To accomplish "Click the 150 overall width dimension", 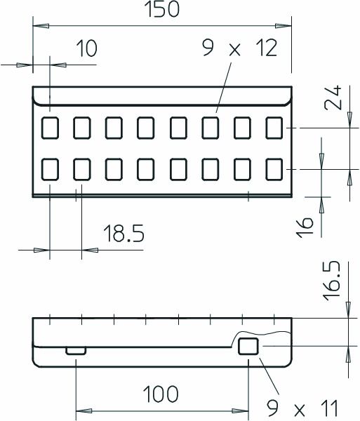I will click(x=162, y=11).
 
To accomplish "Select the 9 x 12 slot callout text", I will click(x=239, y=48).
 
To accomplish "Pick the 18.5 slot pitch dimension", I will click(x=124, y=234).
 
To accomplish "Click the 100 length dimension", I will click(x=161, y=393).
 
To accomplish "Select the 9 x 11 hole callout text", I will click(x=304, y=408).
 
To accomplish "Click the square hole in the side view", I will click(x=248, y=346).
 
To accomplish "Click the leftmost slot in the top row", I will click(x=50, y=128).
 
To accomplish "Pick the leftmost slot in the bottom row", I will click(x=50, y=169).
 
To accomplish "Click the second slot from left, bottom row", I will click(x=82, y=169).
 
